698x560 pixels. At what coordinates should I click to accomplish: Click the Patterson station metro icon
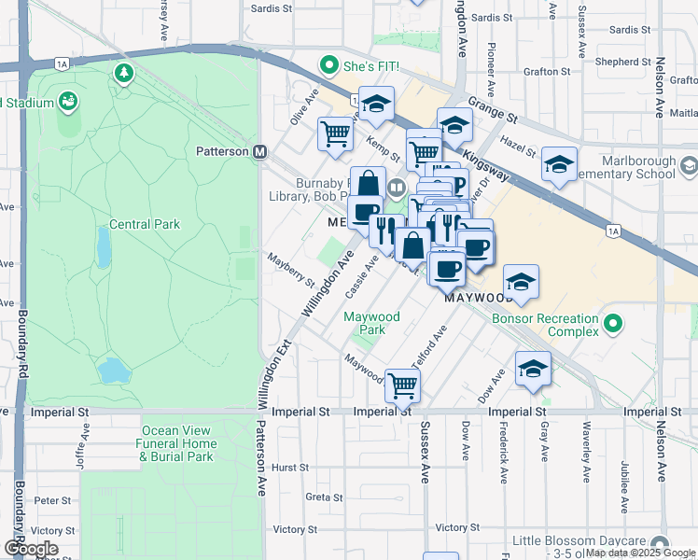click(x=260, y=151)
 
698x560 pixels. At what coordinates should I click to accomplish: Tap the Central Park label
click(x=144, y=224)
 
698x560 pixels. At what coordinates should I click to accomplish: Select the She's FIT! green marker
click(x=328, y=65)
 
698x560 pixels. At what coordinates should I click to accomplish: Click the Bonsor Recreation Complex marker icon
click(x=612, y=324)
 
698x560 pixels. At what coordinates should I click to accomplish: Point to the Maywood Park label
click(x=371, y=323)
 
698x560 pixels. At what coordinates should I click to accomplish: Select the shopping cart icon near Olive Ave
click(x=335, y=133)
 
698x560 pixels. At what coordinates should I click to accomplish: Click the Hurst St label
click(x=290, y=468)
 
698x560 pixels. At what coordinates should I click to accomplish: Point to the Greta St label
click(x=324, y=497)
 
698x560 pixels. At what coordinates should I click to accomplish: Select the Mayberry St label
click(x=290, y=269)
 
